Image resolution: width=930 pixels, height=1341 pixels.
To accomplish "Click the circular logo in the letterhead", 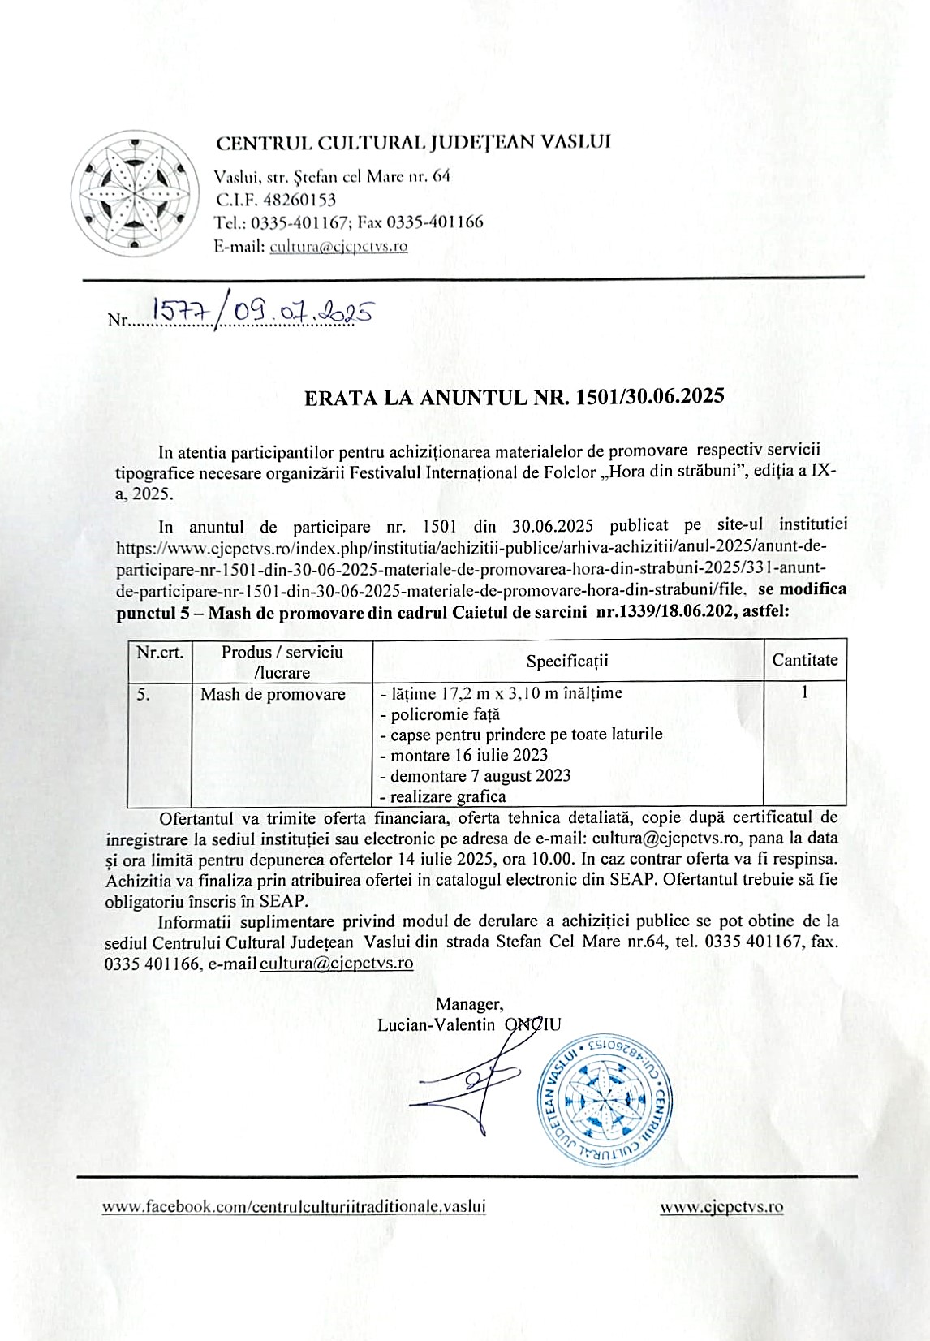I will (136, 192).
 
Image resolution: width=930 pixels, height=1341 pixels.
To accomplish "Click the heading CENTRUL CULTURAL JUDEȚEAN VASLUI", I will (413, 143).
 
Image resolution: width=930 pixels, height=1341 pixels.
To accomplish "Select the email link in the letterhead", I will (338, 246).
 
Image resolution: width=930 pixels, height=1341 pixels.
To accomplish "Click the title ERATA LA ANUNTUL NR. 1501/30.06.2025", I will (514, 397).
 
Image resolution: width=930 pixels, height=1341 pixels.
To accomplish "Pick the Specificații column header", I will (567, 661).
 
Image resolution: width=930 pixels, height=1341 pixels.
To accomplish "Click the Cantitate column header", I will (804, 660).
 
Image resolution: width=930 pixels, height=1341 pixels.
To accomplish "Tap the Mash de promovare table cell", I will (273, 694).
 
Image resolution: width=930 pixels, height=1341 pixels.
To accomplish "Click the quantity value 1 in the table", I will (804, 692).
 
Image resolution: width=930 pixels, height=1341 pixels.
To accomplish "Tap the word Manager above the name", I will (469, 1004).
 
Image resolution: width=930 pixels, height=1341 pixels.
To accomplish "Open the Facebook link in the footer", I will (294, 1207).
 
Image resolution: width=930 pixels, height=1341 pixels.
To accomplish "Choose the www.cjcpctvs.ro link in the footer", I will (721, 1207).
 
